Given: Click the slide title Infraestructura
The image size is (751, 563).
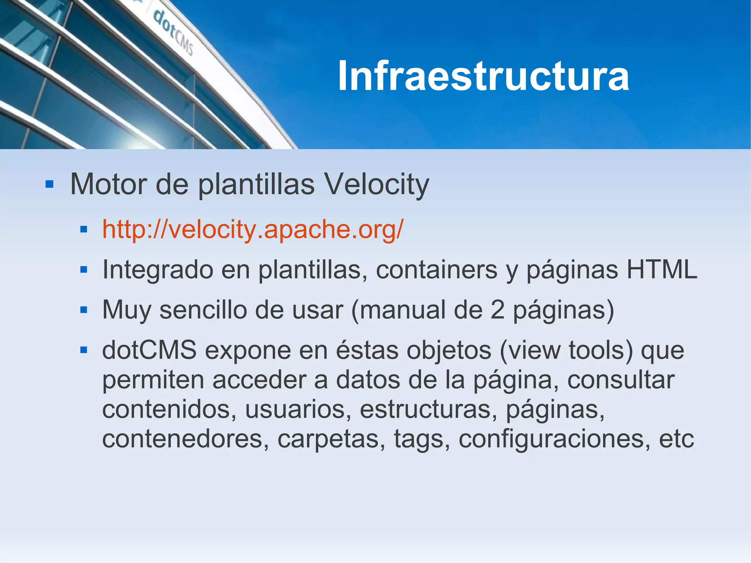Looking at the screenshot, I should point(483,76).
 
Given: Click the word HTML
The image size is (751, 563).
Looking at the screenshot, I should point(662,270).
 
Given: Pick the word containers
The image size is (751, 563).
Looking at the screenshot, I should point(436,270).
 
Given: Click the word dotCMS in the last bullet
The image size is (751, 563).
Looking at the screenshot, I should point(149,350).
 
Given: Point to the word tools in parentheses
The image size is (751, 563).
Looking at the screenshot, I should point(601,350).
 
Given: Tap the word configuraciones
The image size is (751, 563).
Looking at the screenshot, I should point(551,439).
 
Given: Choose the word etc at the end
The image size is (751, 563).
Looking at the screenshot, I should point(677,439).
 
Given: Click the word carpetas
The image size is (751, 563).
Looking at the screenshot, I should point(328,439).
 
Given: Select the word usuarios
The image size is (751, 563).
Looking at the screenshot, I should point(295,409).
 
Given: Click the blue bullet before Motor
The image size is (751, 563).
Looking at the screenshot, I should point(50,184).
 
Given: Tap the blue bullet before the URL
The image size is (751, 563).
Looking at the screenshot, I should point(84,230).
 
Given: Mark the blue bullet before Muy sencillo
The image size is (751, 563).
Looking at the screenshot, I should point(84,310).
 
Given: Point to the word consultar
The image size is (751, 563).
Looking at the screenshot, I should point(621,380).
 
